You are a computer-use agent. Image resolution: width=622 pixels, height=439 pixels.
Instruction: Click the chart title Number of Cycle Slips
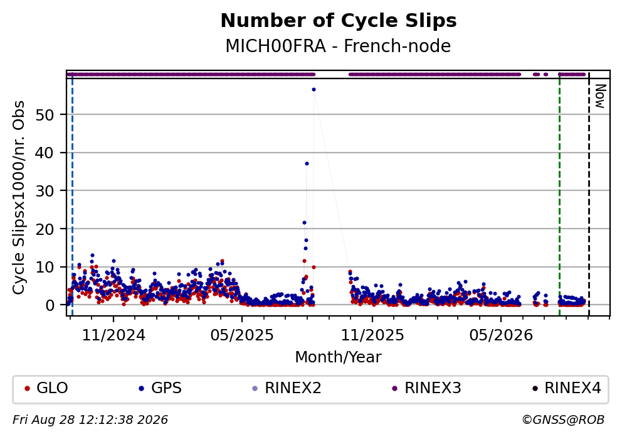tap(339, 21)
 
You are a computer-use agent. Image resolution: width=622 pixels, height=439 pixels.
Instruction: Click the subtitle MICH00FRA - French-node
tap(338, 46)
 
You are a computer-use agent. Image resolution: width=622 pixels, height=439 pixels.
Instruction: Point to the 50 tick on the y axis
tap(45, 115)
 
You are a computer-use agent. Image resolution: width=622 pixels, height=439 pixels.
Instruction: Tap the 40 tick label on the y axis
tap(45, 153)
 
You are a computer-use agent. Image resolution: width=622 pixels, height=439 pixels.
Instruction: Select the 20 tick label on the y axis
tap(45, 229)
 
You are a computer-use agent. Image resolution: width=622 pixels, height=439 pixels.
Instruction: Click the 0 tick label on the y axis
tap(50, 305)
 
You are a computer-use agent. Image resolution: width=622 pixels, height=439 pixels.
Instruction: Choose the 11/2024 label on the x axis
tap(113, 336)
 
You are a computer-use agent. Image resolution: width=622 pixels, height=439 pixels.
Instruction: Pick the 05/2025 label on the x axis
tap(242, 336)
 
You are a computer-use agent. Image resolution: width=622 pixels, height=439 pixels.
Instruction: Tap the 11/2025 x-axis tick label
tap(372, 336)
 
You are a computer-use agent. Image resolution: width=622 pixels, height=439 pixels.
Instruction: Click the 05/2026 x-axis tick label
tap(501, 336)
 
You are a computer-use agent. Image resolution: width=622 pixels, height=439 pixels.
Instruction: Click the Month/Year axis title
tap(338, 357)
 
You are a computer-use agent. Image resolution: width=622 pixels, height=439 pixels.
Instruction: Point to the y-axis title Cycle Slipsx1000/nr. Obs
tap(19, 197)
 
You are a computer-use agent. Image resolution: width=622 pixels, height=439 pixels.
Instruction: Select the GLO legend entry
tap(46, 388)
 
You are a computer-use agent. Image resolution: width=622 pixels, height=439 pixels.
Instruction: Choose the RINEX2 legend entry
tap(287, 388)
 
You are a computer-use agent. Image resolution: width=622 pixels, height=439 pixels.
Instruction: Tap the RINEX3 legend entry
tap(427, 388)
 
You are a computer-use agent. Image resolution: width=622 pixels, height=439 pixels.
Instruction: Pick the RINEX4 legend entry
tap(566, 388)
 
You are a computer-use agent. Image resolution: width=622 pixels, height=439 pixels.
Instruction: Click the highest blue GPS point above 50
tap(314, 90)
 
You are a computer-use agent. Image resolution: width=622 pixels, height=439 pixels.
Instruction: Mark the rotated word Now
tap(600, 96)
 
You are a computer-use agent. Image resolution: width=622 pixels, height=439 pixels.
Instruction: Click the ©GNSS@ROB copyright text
tap(563, 420)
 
